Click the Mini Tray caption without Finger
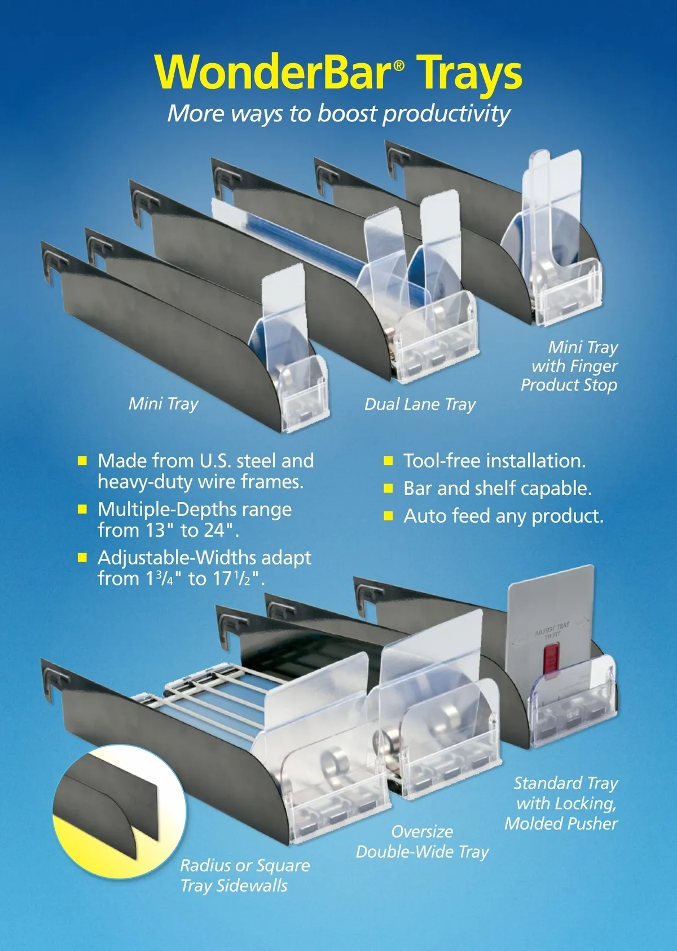click(x=164, y=404)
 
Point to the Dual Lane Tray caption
click(x=420, y=405)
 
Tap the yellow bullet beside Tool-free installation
click(x=388, y=461)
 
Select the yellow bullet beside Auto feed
click(x=388, y=516)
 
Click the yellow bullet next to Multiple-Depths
click(x=82, y=509)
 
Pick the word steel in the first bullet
click(x=254, y=461)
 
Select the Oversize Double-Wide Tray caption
click(x=423, y=842)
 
